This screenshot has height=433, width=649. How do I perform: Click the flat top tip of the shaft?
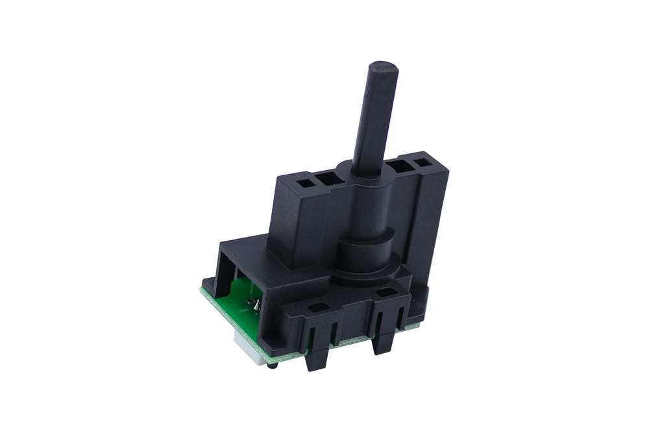click(384, 68)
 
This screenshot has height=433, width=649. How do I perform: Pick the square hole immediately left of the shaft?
click(326, 179)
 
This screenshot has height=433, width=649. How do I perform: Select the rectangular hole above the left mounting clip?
click(317, 310)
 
